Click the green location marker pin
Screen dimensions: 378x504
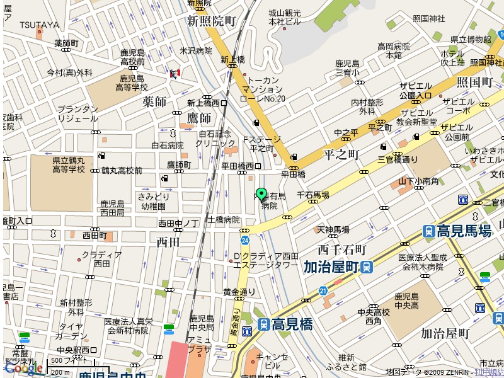click(261, 194)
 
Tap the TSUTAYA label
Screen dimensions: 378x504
click(39, 25)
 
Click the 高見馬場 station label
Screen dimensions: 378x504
click(464, 231)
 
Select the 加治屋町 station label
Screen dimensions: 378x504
click(331, 266)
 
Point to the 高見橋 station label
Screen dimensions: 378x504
click(292, 324)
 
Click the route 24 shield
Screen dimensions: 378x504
click(244, 240)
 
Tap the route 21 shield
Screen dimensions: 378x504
click(323, 290)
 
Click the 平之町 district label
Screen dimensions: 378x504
click(341, 154)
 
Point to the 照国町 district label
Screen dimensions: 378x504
click(474, 83)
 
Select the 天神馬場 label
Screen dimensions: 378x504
click(333, 230)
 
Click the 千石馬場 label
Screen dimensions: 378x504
click(312, 196)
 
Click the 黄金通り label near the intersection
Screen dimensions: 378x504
click(239, 292)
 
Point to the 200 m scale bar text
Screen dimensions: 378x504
click(59, 372)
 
